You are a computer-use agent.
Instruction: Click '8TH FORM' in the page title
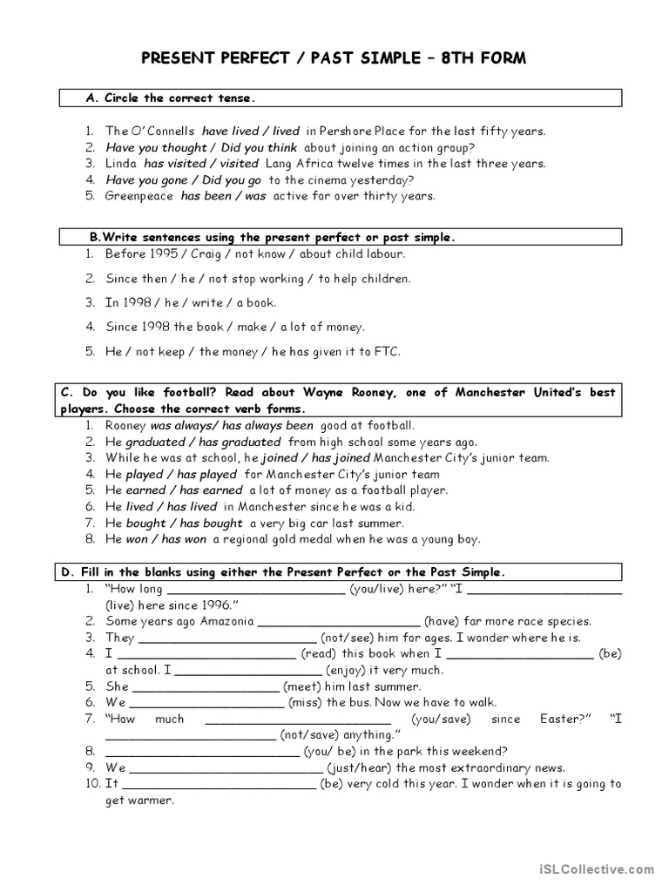484,58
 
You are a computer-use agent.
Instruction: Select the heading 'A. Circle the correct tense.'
171,98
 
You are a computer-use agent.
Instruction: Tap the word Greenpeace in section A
140,196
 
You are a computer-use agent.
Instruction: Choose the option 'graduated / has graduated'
204,442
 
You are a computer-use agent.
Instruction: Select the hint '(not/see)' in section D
347,638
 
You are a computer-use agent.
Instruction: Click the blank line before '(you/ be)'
202,751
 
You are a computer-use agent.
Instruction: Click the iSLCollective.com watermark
604,868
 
